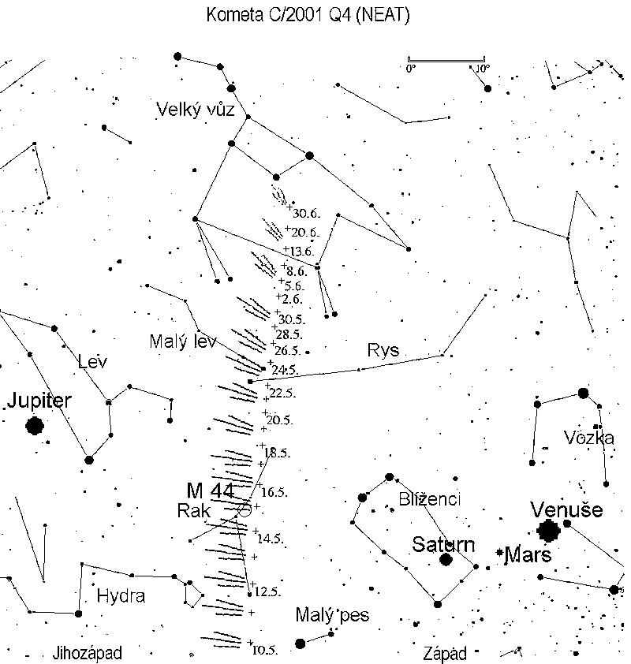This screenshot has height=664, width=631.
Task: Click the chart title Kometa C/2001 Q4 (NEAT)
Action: pos(308,15)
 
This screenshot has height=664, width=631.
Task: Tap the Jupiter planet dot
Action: pos(35,426)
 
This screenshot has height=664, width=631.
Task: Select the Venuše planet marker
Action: pos(548,531)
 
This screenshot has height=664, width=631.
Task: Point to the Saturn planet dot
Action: pos(446,559)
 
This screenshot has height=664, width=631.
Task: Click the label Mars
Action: pos(528,554)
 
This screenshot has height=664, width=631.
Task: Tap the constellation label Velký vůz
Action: pos(196,110)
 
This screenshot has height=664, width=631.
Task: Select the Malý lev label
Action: pos(183,341)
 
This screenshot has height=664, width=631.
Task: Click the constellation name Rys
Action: pos(383,350)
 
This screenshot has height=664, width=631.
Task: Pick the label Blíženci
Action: pos(429,499)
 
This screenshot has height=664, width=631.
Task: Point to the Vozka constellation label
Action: pos(589,438)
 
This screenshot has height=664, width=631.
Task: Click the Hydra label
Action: pos(121,596)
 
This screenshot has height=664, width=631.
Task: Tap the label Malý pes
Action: pos(332,615)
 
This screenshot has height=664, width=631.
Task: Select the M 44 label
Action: pos(211,491)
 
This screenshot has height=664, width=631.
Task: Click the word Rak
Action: pos(193,511)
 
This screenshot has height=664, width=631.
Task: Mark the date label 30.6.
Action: pos(306,214)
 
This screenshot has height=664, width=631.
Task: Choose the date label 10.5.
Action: pos(265,650)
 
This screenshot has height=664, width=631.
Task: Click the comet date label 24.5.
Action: pos(285,370)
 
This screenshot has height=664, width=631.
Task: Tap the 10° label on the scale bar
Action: pos(483,69)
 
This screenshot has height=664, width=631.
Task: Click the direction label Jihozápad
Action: pos(88,653)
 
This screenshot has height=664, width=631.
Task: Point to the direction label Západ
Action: pos(445,653)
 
